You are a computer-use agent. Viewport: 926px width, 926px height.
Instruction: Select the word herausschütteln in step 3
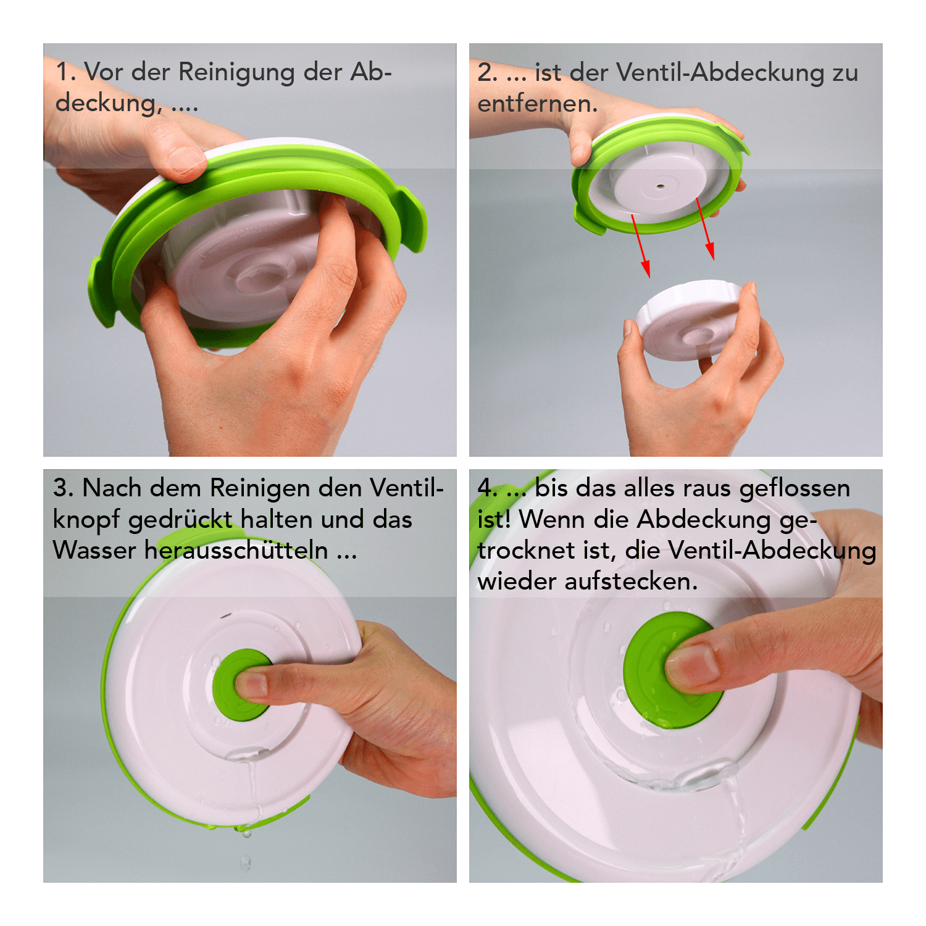tap(236, 550)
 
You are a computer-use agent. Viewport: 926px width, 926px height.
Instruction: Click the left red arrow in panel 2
tap(640, 245)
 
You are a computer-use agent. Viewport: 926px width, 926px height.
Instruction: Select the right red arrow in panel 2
tap(706, 228)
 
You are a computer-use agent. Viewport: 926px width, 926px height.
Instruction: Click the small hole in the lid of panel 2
tap(661, 185)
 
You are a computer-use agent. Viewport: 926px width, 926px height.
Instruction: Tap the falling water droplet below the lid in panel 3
tap(245, 862)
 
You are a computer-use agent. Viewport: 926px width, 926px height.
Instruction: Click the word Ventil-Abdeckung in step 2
tap(720, 73)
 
